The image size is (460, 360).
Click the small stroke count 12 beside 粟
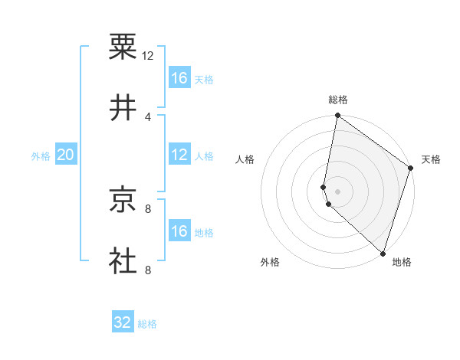(148, 55)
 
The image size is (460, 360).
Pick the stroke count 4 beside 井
(148, 116)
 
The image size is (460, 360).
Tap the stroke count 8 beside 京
(148, 208)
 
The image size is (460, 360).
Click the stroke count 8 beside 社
(148, 270)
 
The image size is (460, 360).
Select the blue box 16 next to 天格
(179, 78)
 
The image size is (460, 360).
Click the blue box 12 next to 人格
(179, 155)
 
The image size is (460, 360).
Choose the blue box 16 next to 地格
(179, 231)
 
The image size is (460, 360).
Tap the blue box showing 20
(65, 155)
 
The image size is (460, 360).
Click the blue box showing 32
(123, 322)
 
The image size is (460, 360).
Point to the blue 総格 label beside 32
(147, 324)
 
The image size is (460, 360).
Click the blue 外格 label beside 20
(41, 156)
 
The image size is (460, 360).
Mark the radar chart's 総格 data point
(337, 116)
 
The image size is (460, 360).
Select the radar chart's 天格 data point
(411, 169)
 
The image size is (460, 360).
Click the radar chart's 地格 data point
(383, 254)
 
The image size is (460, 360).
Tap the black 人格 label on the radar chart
(245, 159)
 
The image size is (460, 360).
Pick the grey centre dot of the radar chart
(337, 191)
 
